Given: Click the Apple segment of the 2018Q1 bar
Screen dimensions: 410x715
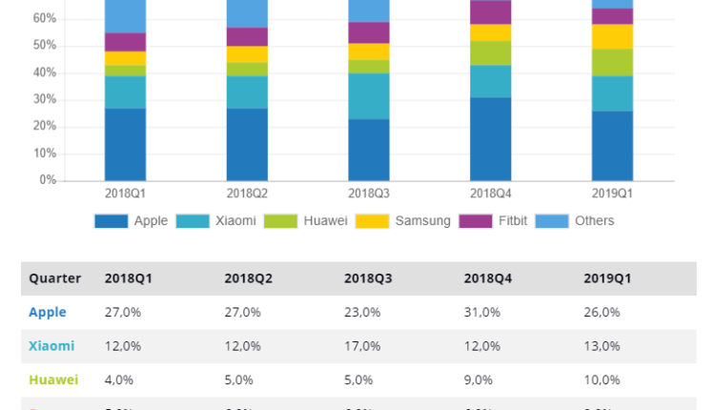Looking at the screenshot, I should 125,144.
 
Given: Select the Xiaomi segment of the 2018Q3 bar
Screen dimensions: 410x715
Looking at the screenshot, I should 369,96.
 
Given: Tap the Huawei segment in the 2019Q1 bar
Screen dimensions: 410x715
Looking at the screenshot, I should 612,62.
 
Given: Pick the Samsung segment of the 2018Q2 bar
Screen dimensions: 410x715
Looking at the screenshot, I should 247,54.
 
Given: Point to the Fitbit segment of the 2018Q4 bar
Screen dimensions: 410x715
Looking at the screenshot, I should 491,12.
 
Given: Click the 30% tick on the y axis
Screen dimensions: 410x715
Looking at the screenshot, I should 45,100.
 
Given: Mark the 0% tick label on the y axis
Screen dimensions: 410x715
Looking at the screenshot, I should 48,180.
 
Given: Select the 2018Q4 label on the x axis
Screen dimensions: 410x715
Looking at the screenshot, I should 491,194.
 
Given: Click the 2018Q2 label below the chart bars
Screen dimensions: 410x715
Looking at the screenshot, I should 247,194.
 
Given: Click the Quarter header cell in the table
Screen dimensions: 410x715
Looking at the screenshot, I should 54,278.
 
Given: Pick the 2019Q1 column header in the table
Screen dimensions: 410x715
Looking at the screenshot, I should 607,278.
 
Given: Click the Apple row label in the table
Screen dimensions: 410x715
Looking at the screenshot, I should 48,312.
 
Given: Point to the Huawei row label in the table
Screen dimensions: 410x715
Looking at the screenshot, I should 53,379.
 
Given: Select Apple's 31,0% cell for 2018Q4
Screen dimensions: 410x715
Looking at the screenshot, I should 482,312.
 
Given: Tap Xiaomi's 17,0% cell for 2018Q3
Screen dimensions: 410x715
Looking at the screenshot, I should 362,346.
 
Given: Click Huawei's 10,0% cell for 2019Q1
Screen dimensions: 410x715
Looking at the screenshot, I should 603,379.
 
